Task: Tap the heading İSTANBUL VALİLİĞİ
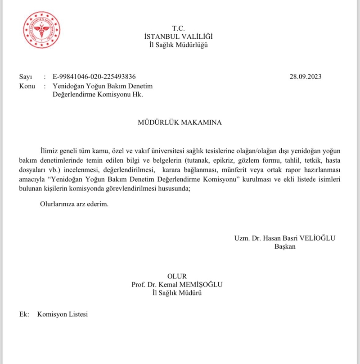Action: [x=178, y=36]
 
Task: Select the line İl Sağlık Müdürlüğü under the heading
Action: [x=178, y=45]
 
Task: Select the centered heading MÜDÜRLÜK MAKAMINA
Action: [x=179, y=123]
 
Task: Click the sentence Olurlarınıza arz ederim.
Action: [x=74, y=204]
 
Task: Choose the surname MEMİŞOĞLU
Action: [x=202, y=285]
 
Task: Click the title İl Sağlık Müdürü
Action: [x=178, y=293]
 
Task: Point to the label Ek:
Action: [x=24, y=314]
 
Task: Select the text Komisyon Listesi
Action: [x=63, y=314]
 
